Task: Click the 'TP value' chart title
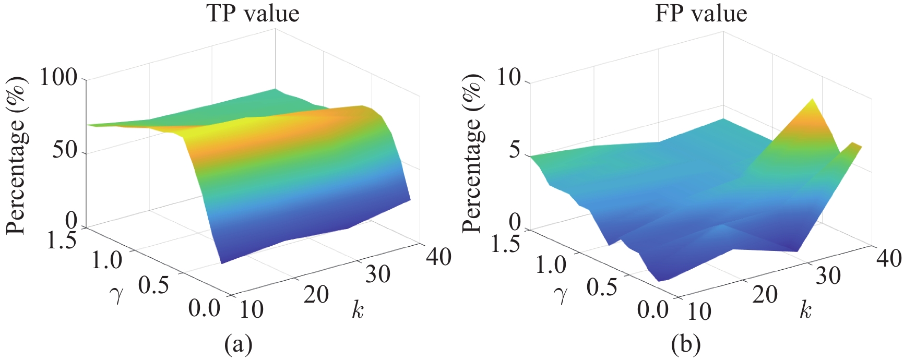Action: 253,14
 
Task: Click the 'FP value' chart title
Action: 701,14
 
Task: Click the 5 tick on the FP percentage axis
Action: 515,151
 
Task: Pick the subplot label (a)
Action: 238,344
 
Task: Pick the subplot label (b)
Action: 686,344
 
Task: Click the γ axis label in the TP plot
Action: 117,295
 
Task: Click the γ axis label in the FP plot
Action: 562,295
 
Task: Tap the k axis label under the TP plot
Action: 358,310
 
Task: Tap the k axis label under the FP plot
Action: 805,310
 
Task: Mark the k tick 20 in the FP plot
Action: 765,295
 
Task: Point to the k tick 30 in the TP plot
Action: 377,274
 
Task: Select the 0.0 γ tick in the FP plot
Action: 652,310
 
